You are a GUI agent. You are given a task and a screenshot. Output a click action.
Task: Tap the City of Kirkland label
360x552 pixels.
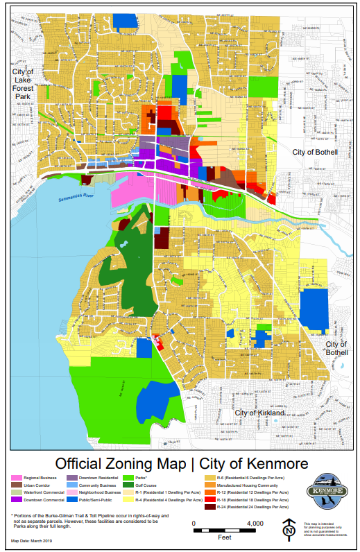tap(259, 413)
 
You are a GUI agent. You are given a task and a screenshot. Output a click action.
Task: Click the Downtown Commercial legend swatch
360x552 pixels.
tap(17, 499)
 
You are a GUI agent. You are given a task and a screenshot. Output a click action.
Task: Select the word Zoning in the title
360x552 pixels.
tap(147, 463)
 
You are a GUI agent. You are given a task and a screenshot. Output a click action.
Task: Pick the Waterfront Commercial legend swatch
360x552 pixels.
tap(17, 492)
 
